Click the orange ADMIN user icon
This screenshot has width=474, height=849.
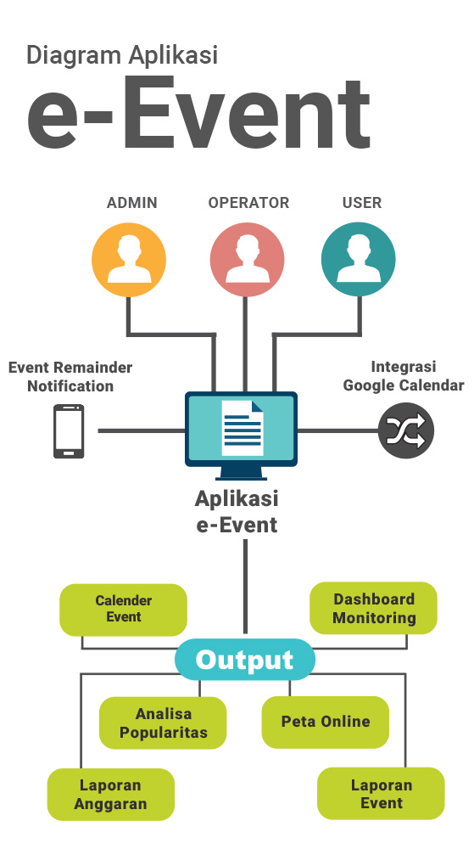pos(129,260)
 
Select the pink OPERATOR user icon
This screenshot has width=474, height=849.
pos(247,260)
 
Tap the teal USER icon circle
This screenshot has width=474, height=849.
pos(359,259)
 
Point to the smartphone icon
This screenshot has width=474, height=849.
pos(69,431)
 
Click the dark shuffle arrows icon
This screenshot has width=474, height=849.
pos(406,431)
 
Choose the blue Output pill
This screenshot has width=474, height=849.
pos(245,659)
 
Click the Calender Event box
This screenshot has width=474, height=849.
pos(123,610)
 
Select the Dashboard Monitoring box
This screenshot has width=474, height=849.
pos(373,608)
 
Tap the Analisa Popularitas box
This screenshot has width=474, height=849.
pos(163,722)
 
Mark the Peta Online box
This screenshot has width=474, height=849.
pos(326,722)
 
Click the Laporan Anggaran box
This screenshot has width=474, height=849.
pos(111,795)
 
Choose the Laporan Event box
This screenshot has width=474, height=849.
pos(381,793)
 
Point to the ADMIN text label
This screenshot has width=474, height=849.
pos(132,203)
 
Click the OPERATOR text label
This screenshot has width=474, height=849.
pos(248,203)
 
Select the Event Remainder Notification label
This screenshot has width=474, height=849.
pos(70,377)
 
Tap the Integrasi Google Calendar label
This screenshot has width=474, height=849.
pos(404,376)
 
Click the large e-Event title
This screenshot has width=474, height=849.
pos(198,113)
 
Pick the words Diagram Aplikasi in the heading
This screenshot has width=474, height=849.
pos(122,56)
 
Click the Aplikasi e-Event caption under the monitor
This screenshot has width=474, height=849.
pos(237,512)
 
